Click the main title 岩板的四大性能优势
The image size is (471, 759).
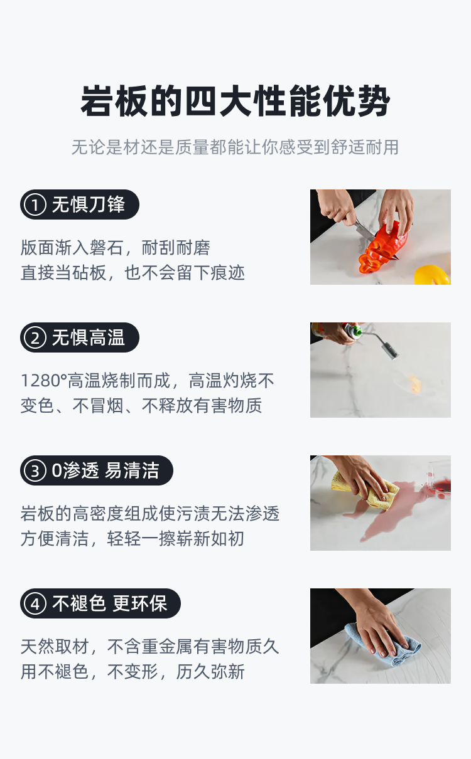pos(235,101)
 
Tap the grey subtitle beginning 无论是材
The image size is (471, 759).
pos(235,147)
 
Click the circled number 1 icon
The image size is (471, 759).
pos(35,204)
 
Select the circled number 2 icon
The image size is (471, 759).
pos(35,338)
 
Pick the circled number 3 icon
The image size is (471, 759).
pos(35,470)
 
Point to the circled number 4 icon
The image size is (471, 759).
pos(35,603)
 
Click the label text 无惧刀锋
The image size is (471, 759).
pos(88,204)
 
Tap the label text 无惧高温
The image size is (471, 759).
pos(88,338)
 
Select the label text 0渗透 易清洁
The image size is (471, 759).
pos(106,470)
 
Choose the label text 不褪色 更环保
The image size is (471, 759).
pos(110,603)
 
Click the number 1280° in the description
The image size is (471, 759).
pos(44,381)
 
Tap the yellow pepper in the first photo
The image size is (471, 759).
pos(432,275)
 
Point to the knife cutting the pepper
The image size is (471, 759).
pos(368,234)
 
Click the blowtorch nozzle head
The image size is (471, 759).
pos(390,351)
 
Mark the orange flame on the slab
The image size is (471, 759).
pos(414,385)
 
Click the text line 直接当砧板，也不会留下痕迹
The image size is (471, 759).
pos(133,273)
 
